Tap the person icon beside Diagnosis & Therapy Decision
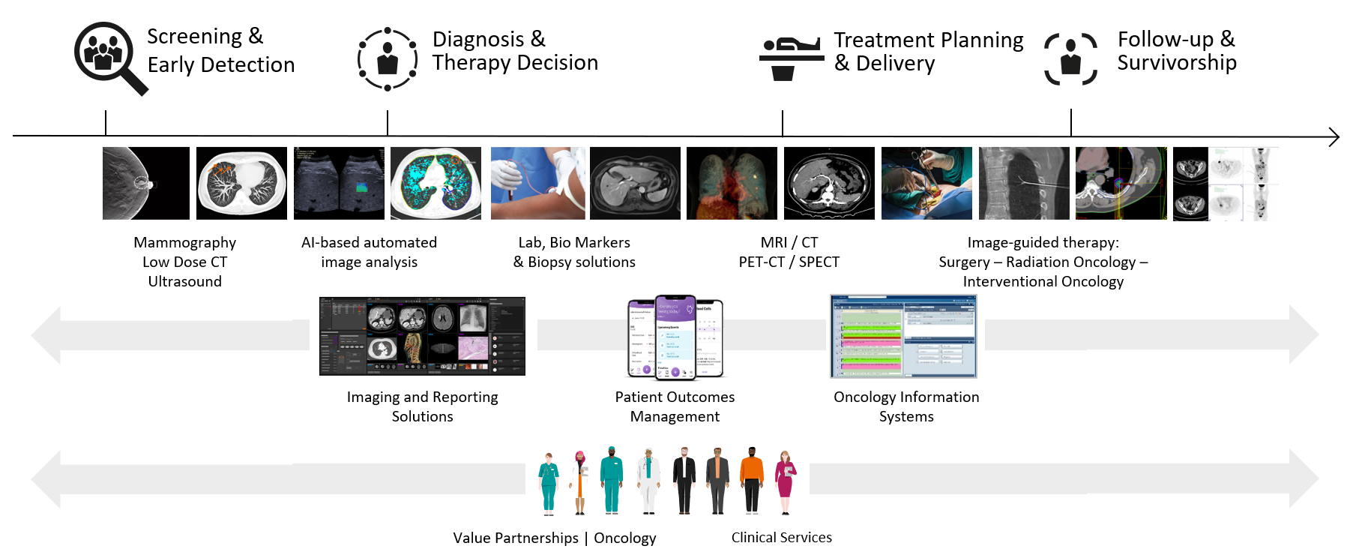[x=388, y=59]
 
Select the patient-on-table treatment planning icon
[x=791, y=58]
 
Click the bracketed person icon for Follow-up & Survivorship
[x=1070, y=59]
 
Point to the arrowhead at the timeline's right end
[x=1334, y=136]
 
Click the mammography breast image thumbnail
[x=146, y=183]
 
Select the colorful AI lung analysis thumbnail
[x=436, y=183]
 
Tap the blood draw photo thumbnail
[x=537, y=183]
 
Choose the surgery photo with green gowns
[x=926, y=183]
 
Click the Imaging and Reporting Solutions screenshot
[x=422, y=336]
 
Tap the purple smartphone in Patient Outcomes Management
[x=675, y=337]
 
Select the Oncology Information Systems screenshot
[x=903, y=336]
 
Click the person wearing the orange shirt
[x=751, y=480]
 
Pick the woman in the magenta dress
[x=785, y=481]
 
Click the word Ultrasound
[x=184, y=281]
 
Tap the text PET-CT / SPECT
[x=789, y=262]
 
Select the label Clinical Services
[x=781, y=537]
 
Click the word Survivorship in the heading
[x=1176, y=63]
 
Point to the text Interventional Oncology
[x=1043, y=281]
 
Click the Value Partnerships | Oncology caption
[x=554, y=538]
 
